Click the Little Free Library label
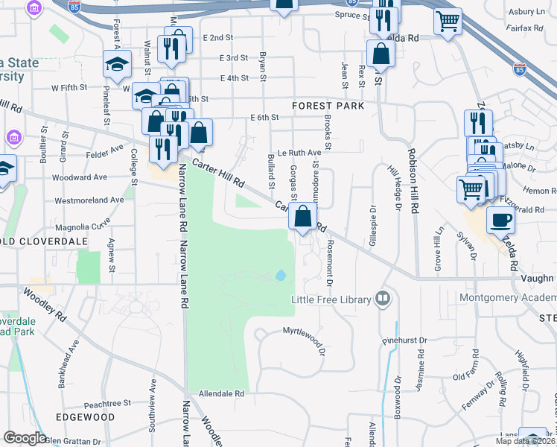point(331,299)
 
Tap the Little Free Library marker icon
point(383,299)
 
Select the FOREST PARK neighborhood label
point(328,106)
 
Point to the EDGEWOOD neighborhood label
point(85,417)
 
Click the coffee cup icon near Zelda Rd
point(500,219)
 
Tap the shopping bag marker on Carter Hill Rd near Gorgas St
point(303,217)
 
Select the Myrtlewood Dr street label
point(304,331)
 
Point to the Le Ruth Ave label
point(299,152)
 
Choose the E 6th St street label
point(264,118)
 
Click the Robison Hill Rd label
point(411,182)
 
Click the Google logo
point(25,438)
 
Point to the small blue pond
point(280,276)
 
